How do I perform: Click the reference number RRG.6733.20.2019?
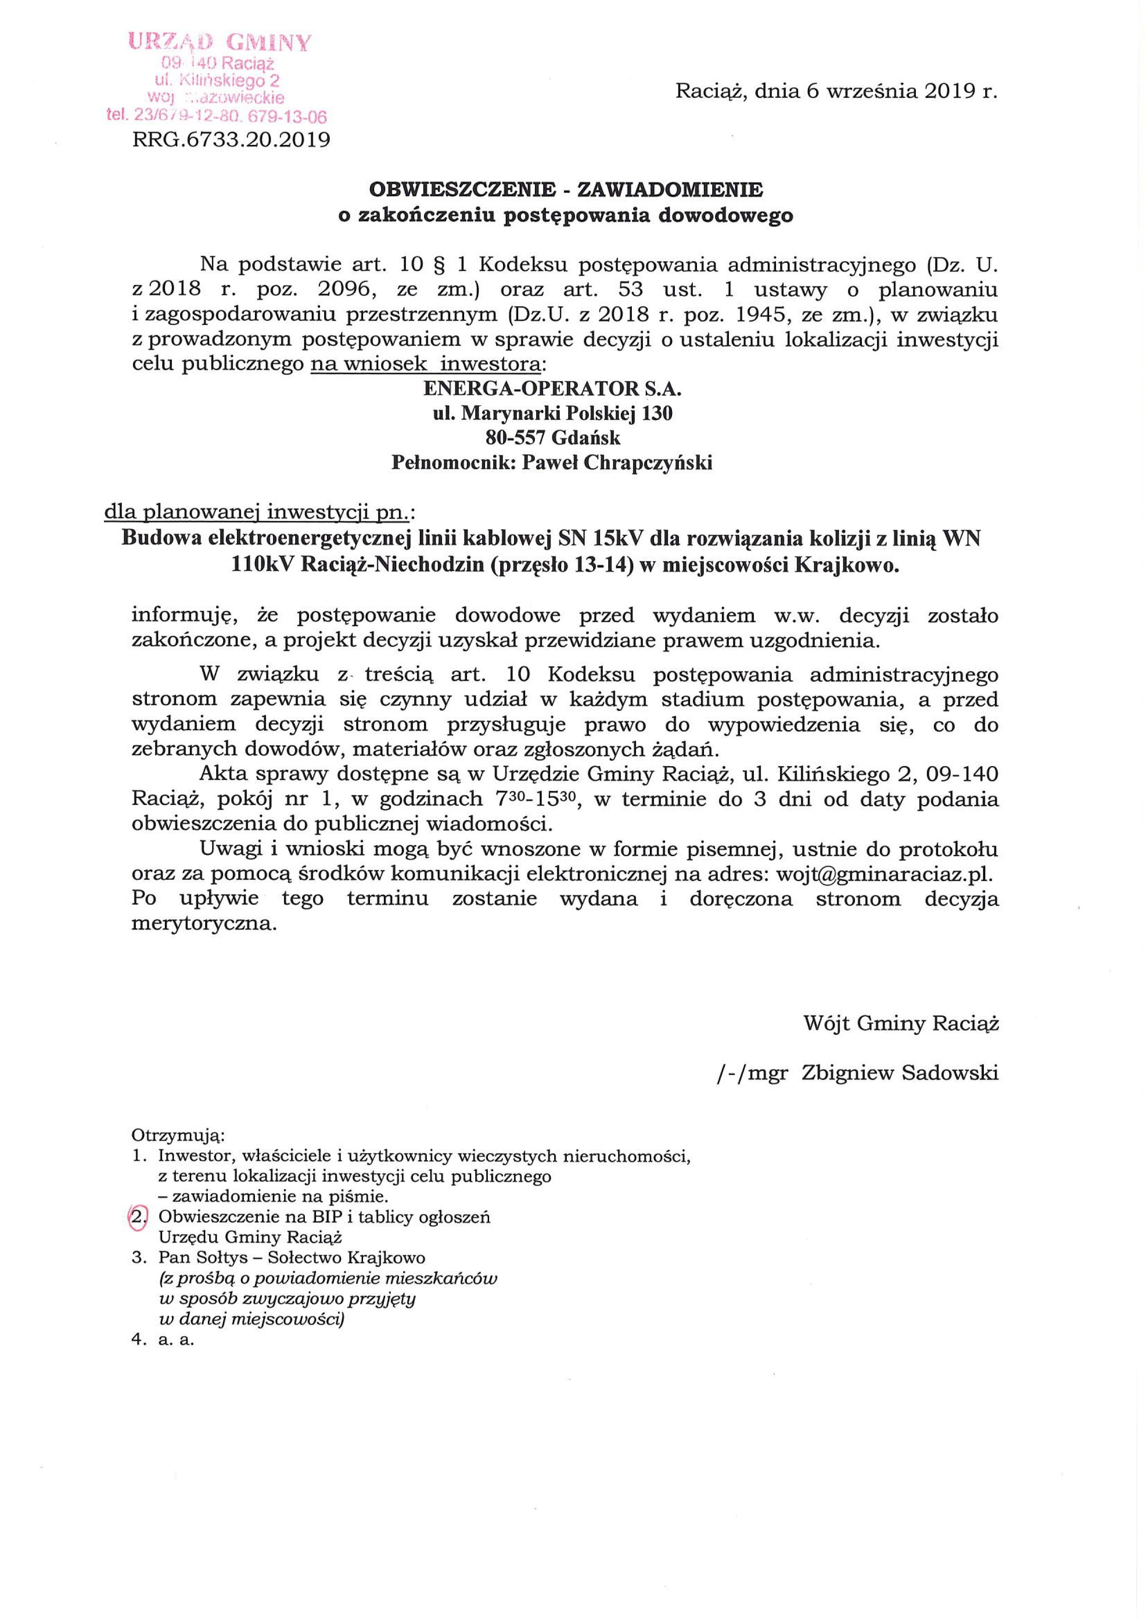click(x=231, y=140)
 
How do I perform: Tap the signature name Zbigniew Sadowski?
click(x=900, y=1073)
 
